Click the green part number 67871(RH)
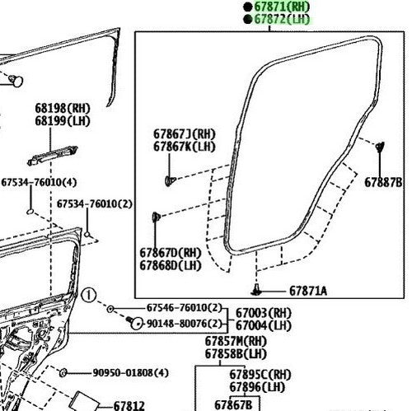click(282, 7)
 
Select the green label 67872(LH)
click(282, 19)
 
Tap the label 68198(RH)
click(63, 109)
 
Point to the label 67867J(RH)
click(185, 134)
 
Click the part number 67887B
click(383, 182)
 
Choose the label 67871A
click(308, 291)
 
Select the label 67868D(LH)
click(171, 265)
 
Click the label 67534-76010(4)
click(39, 182)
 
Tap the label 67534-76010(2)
click(95, 204)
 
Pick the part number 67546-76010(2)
click(184, 308)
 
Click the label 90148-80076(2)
click(184, 324)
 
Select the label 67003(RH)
click(264, 313)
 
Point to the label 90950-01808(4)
click(130, 373)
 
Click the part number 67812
click(129, 406)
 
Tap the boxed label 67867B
click(233, 405)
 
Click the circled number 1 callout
click(89, 296)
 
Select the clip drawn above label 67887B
click(380, 147)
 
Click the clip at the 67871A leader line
click(256, 290)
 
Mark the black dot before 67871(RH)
click(248, 7)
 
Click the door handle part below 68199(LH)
click(53, 156)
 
